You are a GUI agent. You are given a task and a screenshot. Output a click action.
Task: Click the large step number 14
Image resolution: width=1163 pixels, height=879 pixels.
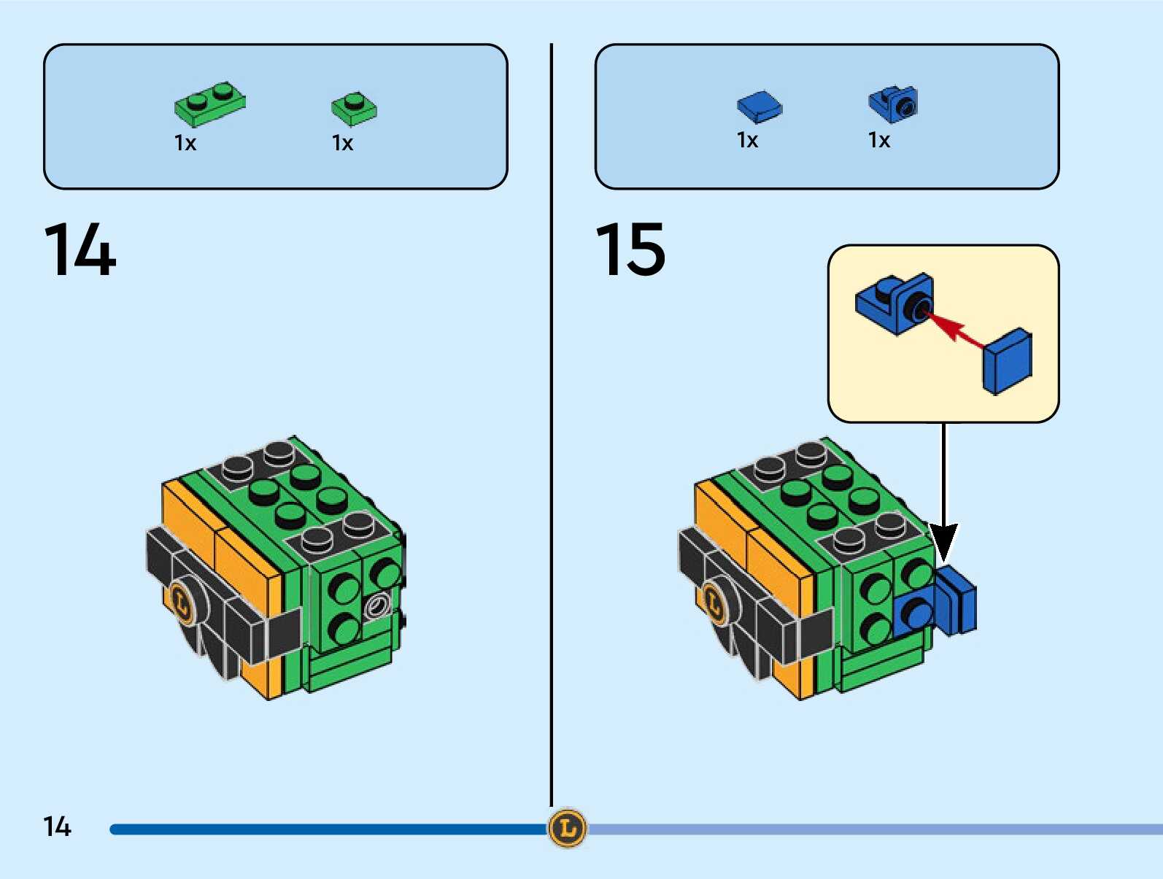pos(80,250)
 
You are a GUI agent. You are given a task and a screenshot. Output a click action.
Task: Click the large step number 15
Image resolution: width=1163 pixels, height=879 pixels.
pos(630,250)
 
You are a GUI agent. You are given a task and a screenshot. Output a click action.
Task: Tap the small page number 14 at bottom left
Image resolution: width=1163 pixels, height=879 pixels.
pos(57,826)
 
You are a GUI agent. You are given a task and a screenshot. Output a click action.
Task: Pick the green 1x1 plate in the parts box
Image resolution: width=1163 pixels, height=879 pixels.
pos(354,108)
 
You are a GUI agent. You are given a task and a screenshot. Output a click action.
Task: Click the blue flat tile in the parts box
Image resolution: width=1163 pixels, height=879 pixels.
pos(759,107)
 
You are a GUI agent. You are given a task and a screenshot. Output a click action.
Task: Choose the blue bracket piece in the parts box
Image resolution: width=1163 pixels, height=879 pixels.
pos(893,104)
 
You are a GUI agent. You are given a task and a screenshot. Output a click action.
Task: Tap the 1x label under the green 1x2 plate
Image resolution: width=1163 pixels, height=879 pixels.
pos(185,143)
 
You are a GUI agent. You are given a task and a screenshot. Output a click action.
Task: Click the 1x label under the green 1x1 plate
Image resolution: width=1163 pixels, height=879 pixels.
pos(342,143)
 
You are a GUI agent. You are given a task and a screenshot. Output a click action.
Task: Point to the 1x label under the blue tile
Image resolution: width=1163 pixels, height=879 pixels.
pos(747,140)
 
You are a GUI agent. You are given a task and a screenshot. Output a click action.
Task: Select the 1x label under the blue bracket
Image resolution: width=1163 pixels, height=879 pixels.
pos(879,140)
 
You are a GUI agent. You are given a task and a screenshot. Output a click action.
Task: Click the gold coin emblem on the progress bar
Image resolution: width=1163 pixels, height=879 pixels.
pos(567,828)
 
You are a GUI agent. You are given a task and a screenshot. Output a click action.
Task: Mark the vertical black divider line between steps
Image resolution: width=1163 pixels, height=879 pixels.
pos(551,423)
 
